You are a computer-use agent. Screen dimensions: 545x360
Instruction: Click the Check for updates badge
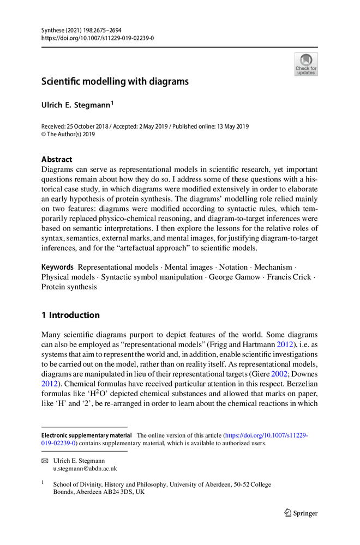point(306,64)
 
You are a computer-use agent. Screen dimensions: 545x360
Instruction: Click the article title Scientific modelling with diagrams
point(115,82)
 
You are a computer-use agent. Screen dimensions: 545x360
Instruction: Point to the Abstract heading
point(57,160)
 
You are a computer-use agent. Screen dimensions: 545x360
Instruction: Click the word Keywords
point(58,267)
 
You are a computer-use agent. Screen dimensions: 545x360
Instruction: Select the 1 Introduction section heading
point(71,315)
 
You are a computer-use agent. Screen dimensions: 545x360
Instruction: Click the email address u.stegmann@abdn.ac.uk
point(85,468)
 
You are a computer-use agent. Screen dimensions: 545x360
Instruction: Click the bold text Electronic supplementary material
point(87,435)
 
